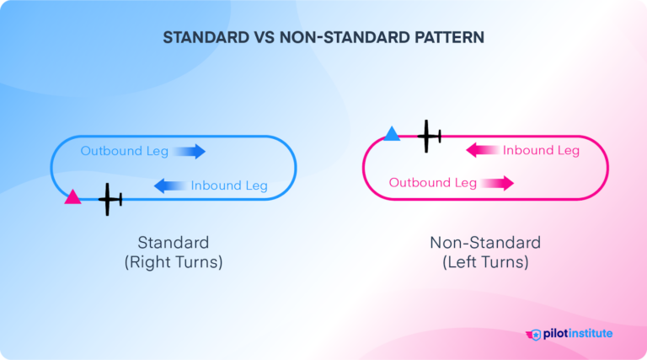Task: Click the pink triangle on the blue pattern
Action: point(73,197)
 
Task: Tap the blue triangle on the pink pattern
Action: point(392,133)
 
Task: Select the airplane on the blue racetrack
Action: point(110,199)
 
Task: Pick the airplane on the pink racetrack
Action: point(430,135)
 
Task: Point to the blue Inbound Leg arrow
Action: point(170,185)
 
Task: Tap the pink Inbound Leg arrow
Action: point(483,150)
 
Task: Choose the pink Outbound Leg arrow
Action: point(498,183)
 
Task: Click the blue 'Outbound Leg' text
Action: point(125,151)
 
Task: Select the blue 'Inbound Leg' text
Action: point(229,185)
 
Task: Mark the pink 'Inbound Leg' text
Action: point(541,150)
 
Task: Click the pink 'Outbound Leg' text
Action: point(432,183)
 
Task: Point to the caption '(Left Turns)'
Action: point(485,262)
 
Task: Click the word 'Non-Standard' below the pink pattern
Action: point(485,243)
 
